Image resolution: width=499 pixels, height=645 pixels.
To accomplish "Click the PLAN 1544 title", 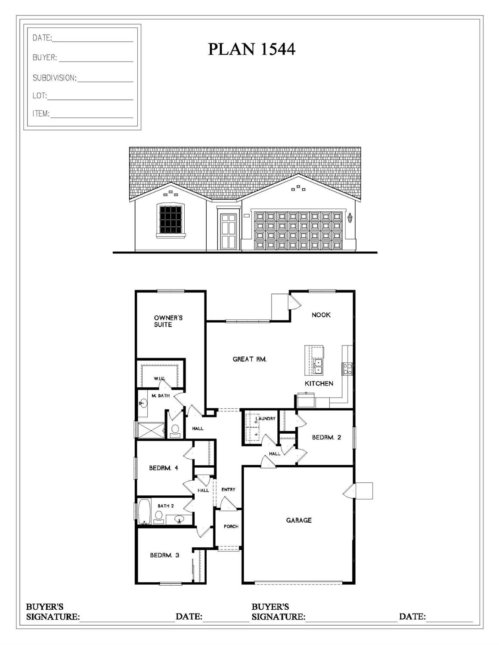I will pos(251,49).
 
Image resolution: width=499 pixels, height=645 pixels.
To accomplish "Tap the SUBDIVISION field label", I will pos(54,78).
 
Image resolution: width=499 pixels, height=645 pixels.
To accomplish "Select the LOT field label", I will pos(39,96).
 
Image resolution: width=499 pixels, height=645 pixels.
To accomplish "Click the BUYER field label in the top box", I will pos(44,58).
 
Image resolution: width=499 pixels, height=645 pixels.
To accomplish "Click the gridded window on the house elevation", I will pos(170,219).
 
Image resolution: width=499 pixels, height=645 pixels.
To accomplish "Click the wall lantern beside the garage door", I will pos(350,218).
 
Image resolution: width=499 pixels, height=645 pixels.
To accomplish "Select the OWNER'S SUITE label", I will pos(168,321).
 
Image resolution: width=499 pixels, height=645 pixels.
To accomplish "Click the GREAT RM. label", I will pos(249,359).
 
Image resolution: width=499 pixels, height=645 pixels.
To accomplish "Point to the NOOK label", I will pos(321,315).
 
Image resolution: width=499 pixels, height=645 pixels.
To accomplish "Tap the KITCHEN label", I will pos(319,383).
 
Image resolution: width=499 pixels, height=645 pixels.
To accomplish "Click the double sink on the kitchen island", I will pos(318,366).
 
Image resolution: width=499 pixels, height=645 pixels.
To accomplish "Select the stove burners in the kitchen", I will pos(347,369).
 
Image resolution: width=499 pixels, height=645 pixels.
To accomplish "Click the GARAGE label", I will pos(298,520).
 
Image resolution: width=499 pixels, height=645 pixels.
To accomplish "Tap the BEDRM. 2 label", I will pos(326,438).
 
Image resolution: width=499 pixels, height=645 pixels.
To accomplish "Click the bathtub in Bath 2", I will pos(144,511).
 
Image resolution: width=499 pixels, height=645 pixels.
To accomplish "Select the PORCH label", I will pos(231,526).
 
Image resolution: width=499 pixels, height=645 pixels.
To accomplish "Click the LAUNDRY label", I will pos(265,418).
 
